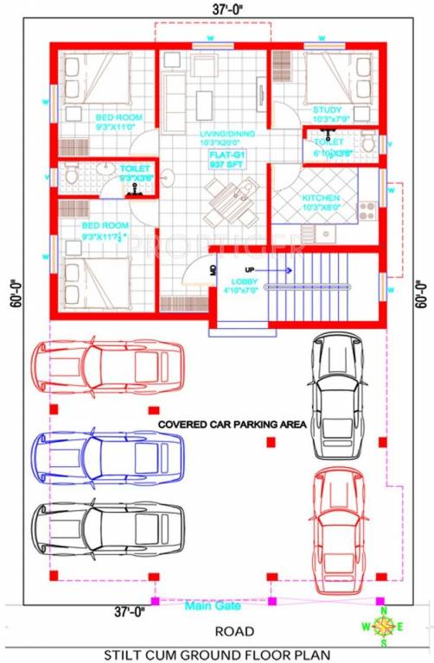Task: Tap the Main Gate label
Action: point(211,606)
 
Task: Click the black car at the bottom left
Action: point(108,524)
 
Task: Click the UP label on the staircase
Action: point(258,268)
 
